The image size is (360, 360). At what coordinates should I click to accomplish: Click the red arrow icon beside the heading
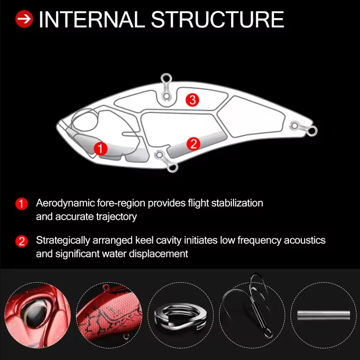tap(24, 19)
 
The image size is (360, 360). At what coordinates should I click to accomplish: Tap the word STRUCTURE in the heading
tap(217, 20)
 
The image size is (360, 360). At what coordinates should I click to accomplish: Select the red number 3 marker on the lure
tap(193, 100)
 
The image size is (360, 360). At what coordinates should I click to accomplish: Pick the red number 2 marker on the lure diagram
tap(193, 144)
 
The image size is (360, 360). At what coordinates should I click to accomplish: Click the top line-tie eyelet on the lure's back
tap(166, 78)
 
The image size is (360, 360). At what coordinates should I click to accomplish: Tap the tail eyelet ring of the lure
tap(312, 131)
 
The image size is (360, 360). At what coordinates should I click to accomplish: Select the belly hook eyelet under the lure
tap(172, 167)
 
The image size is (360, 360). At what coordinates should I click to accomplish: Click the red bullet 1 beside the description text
tap(22, 204)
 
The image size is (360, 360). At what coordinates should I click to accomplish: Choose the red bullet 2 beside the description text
tap(22, 242)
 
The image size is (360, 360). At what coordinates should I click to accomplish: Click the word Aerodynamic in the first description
tap(66, 204)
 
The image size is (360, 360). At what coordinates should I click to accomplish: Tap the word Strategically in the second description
tap(63, 241)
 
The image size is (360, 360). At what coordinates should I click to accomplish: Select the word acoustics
tap(305, 240)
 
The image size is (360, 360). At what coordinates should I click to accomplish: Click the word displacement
tap(159, 254)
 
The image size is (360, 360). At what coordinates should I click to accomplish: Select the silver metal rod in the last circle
tap(323, 315)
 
